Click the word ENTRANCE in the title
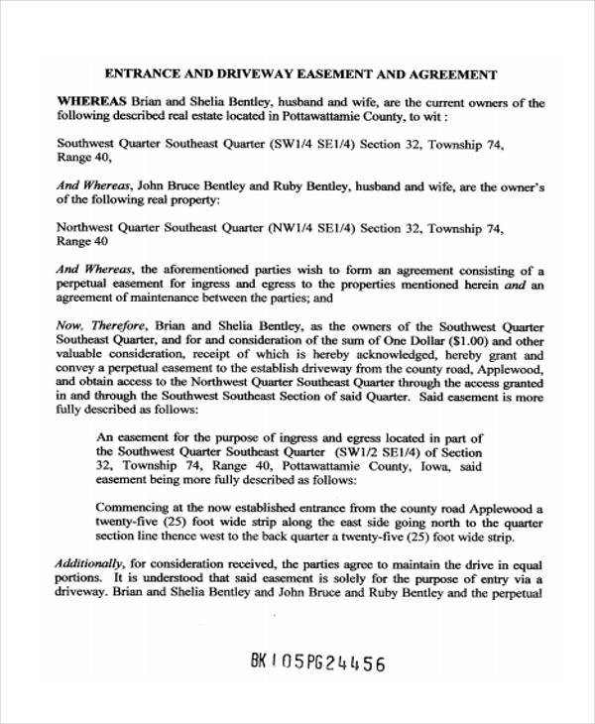[x=140, y=74]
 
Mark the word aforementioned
[x=192, y=269]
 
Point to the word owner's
[x=517, y=185]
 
